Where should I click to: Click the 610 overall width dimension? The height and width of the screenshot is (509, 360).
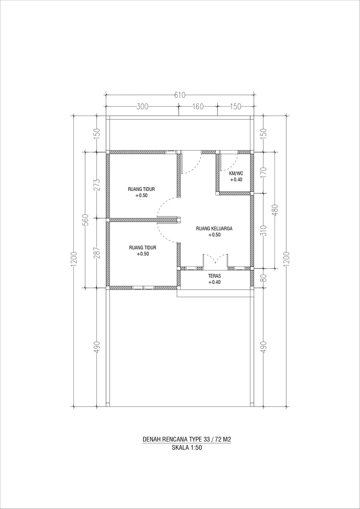pos(180,95)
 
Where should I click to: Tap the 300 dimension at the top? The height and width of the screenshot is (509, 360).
pos(142,107)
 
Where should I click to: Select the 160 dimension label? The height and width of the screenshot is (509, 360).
pos(198,107)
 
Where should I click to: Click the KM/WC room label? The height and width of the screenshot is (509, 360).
pos(236,174)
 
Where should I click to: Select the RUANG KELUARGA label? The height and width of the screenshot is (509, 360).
pos(214,228)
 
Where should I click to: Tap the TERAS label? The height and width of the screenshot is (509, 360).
pos(214,276)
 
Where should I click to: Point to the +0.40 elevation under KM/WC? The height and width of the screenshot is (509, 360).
pos(236,180)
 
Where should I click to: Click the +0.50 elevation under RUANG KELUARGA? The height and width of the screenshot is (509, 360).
pos(214,235)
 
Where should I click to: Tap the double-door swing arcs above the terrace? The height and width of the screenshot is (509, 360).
pos(216,259)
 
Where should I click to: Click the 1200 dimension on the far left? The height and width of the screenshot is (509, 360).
pos(75,259)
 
